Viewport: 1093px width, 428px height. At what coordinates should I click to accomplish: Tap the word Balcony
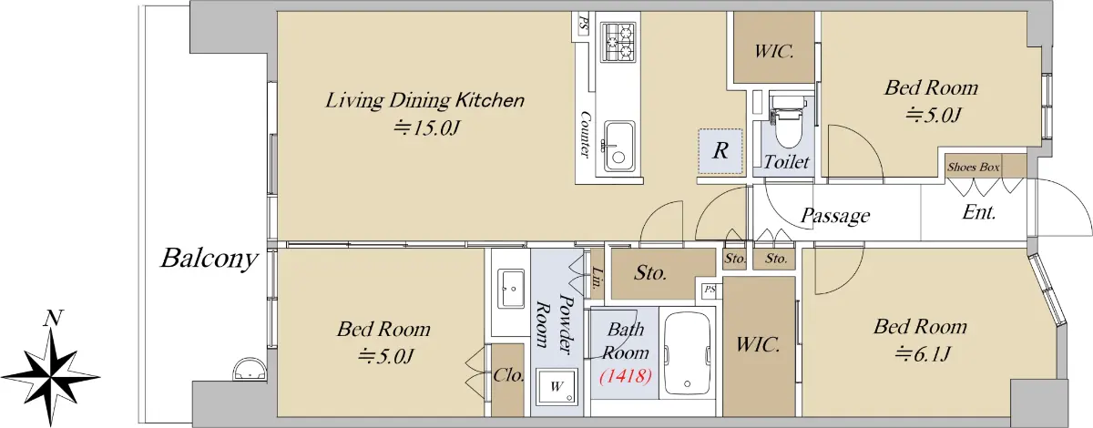tap(209, 259)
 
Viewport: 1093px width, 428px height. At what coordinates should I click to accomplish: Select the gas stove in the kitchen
tap(618, 42)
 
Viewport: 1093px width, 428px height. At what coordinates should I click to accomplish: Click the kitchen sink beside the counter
tap(619, 146)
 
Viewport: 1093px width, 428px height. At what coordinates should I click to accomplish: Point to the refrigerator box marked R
tap(720, 151)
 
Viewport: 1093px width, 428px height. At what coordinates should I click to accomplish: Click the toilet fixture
tap(788, 121)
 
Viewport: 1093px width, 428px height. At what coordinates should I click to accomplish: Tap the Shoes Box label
tap(974, 168)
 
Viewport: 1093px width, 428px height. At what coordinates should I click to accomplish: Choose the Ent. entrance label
tap(979, 212)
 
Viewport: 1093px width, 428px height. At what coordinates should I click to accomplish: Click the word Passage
tap(835, 216)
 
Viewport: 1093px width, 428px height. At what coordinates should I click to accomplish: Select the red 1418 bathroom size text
tap(626, 376)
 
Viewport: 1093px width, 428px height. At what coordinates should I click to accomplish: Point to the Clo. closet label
tap(508, 375)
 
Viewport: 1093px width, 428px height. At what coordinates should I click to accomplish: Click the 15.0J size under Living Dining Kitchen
tap(427, 127)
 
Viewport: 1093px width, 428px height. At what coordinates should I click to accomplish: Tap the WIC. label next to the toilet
tap(774, 51)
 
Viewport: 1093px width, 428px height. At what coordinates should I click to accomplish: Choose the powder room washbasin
tap(510, 289)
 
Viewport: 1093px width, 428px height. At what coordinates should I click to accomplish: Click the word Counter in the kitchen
tap(585, 134)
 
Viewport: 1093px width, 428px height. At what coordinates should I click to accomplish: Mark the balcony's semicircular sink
tap(250, 372)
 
